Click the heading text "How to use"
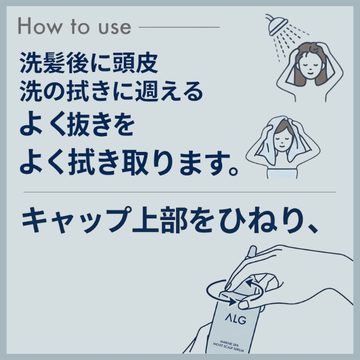coord(74,26)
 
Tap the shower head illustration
coord(277,25)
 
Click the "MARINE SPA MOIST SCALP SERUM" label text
coord(228,346)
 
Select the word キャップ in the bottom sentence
coord(76,220)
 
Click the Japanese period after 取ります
coord(233,171)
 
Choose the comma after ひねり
coord(312,227)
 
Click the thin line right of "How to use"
coord(179,27)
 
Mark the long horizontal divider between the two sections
coord(180,192)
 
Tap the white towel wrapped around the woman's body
coord(282,174)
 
